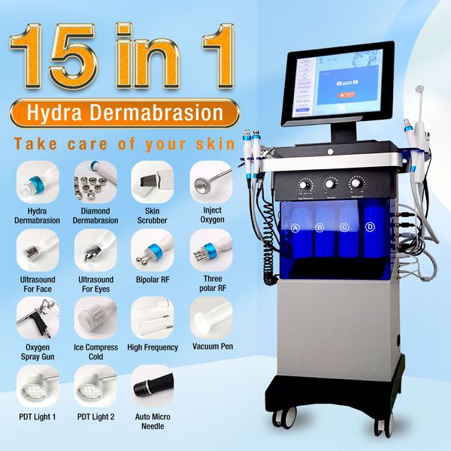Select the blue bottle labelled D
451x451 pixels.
point(369,241)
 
